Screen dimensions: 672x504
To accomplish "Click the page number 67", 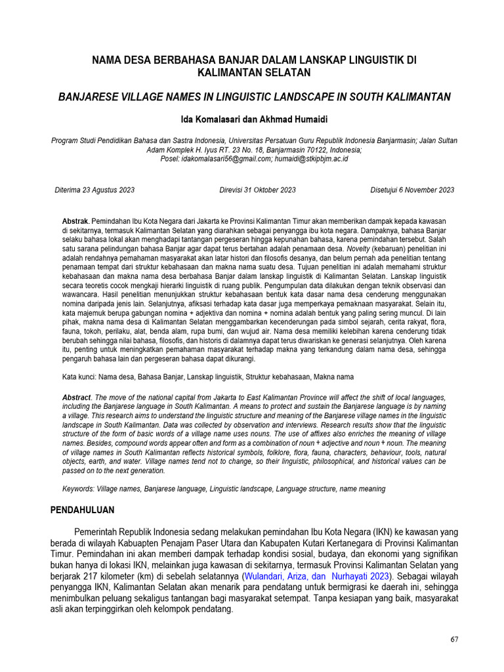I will [454, 640].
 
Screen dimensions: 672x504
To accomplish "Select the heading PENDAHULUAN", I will [83, 510].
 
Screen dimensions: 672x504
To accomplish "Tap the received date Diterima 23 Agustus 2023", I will [94, 190].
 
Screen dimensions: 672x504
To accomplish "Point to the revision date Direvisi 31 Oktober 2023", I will [257, 190].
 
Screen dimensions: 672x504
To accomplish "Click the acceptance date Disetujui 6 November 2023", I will [412, 190].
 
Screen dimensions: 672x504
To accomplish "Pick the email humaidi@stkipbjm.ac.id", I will [311, 159].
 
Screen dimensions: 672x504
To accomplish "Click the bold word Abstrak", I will [75, 223].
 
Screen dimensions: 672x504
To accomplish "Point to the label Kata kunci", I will [77, 377].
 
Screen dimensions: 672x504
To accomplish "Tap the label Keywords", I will [78, 489].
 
